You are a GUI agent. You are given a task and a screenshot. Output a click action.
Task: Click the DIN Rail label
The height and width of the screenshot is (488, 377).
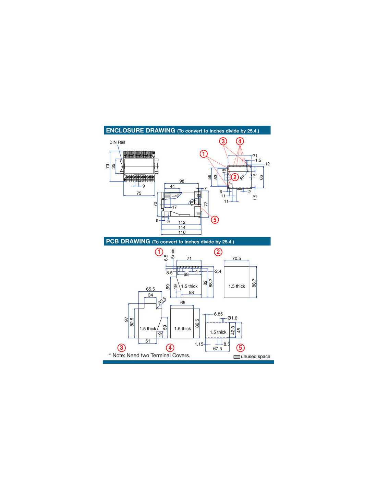[117, 142]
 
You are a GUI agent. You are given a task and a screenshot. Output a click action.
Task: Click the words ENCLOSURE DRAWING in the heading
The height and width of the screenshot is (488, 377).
[141, 130]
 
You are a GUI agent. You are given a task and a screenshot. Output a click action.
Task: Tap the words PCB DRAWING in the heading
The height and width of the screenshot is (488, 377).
[128, 241]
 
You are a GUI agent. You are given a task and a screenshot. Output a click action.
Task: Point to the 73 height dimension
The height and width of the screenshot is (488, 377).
[107, 166]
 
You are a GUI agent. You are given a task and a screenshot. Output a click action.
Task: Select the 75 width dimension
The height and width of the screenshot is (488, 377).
[139, 193]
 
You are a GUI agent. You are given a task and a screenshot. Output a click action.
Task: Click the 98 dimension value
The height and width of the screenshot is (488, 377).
[182, 181]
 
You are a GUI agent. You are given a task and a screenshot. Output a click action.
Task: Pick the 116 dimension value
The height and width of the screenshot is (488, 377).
[182, 232]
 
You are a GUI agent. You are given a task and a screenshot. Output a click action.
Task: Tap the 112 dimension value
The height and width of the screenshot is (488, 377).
[182, 222]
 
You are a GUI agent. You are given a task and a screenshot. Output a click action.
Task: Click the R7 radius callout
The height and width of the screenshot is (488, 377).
[243, 177]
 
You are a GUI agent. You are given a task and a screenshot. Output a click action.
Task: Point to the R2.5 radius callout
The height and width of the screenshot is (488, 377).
[162, 301]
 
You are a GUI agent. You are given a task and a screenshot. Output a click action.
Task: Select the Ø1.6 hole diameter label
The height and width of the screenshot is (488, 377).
[232, 318]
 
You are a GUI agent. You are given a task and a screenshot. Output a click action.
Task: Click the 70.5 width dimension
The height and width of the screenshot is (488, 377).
[236, 258]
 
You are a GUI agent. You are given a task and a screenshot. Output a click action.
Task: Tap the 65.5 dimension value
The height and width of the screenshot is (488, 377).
[150, 289]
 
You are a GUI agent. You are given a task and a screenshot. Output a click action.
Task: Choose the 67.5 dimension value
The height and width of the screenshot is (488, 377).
[217, 349]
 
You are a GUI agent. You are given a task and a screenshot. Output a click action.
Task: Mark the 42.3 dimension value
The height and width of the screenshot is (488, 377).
[233, 330]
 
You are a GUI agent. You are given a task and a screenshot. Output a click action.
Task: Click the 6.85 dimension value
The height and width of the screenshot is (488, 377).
[218, 314]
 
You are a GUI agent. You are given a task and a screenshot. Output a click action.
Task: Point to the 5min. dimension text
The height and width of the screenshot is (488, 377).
[173, 253]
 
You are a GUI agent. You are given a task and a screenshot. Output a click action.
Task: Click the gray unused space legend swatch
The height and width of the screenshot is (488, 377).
[237, 357]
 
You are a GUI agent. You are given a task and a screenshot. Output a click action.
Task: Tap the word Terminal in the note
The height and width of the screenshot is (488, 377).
[160, 356]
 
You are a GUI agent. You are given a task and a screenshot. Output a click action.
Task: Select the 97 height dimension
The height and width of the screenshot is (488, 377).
[126, 319]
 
